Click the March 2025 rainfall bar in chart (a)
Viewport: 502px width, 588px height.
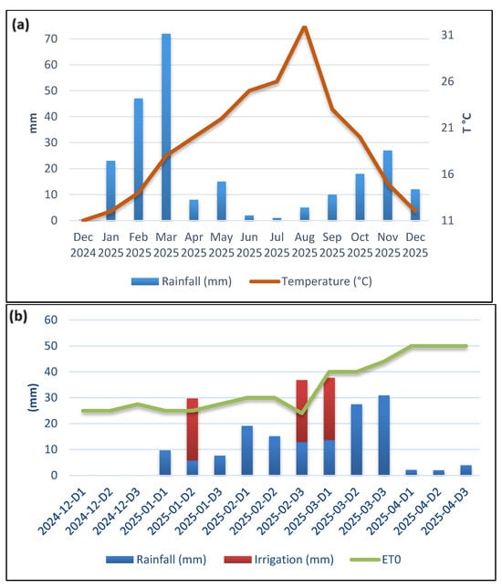click(166, 127)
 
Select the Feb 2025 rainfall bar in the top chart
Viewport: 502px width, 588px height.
click(139, 159)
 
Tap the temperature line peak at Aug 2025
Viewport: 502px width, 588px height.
click(305, 27)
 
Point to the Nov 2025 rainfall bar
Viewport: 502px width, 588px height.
click(388, 185)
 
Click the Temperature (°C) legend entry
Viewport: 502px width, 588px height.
click(311, 281)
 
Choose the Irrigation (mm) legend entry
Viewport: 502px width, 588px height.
click(278, 560)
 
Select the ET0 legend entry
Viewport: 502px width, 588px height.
click(375, 560)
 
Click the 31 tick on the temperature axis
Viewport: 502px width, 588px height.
click(447, 36)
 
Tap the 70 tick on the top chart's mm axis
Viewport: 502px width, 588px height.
click(50, 38)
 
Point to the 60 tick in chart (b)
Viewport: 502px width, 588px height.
click(50, 320)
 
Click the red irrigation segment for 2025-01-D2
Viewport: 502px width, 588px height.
click(193, 429)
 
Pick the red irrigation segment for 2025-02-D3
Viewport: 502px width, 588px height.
click(302, 411)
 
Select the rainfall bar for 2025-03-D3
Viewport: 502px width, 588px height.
click(384, 436)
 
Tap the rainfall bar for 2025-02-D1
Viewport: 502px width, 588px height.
click(247, 450)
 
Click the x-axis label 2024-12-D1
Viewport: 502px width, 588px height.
click(63, 511)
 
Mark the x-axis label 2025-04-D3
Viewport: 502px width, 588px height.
click(445, 511)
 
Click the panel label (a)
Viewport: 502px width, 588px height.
click(20, 25)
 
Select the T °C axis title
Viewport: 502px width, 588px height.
click(466, 122)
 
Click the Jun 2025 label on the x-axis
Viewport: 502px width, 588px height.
click(249, 245)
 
